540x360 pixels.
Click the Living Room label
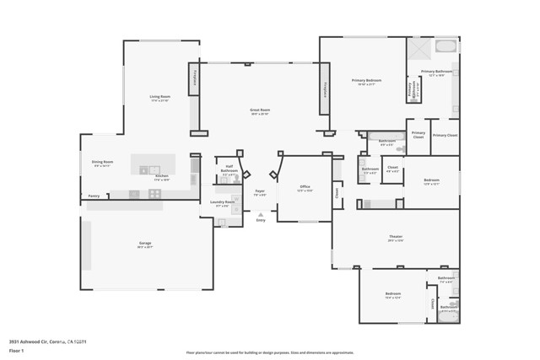[x=160, y=98]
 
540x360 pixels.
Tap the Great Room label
[x=260, y=110]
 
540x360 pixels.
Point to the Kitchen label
[x=162, y=176]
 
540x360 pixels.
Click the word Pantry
[x=94, y=196]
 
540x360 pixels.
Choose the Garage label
[x=145, y=244]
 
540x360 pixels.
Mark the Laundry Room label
[x=224, y=202]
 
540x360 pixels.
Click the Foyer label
[x=260, y=191]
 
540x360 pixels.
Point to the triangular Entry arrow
[x=260, y=215]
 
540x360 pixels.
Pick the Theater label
[x=396, y=237]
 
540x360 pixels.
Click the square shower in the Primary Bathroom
[x=418, y=48]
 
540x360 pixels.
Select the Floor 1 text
[x=17, y=349]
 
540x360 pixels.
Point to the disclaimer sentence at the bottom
[x=270, y=352]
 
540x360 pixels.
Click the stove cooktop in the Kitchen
[x=155, y=194]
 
